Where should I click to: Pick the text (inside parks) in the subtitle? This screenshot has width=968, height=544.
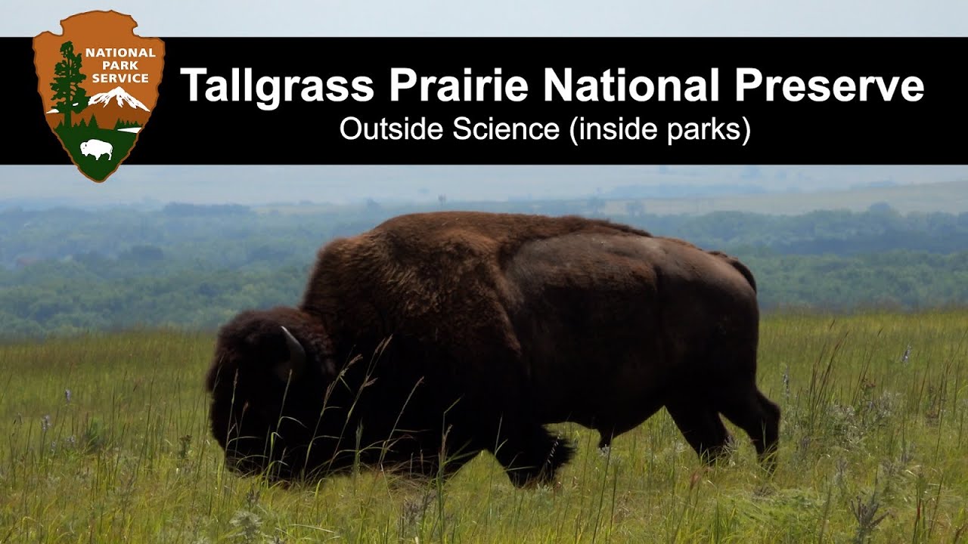coord(660,130)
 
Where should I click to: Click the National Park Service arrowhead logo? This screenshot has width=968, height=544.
coord(98,94)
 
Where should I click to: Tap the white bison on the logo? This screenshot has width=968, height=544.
coord(97,148)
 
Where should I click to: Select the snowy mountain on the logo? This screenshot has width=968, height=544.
coord(119,97)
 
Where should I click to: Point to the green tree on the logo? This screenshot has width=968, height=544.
coord(69,83)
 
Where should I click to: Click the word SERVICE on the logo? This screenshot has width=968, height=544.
coord(120,78)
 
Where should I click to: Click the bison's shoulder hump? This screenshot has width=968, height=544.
coord(423,242)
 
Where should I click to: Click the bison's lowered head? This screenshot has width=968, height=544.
coord(257,393)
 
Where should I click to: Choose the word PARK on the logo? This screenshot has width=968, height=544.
coord(121,66)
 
